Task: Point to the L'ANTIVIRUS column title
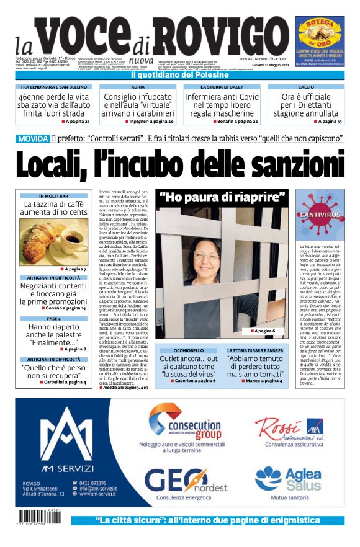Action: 320,214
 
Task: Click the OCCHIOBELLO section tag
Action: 188,350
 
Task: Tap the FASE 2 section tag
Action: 53,318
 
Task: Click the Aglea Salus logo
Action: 289,479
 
